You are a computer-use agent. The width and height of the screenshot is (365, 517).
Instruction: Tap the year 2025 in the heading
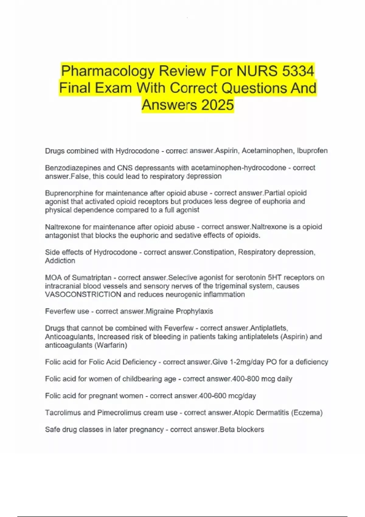pyautogui.click(x=217, y=105)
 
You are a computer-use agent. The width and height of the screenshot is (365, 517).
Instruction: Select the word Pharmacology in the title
pyautogui.click(x=108, y=71)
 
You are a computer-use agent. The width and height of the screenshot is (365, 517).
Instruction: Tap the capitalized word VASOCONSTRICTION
pyautogui.click(x=83, y=294)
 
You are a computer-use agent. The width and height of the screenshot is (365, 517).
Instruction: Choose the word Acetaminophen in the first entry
pyautogui.click(x=267, y=151)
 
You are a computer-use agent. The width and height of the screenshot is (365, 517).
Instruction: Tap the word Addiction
pyautogui.click(x=60, y=261)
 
